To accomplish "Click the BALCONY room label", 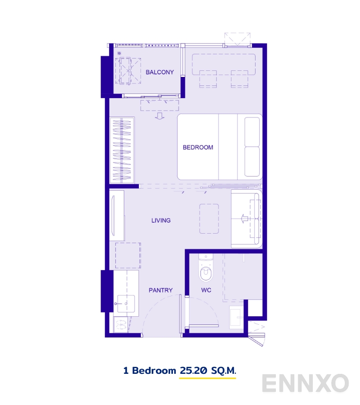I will (160, 72).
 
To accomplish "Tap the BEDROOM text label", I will (198, 147).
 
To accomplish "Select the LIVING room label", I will (161, 220).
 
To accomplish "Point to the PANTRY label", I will (161, 290).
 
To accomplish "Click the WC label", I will (206, 290).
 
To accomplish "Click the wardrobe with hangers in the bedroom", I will (122, 150).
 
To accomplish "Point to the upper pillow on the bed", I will (252, 132).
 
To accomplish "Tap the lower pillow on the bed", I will (252, 161).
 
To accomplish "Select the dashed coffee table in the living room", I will (209, 219).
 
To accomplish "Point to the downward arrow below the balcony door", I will (160, 115).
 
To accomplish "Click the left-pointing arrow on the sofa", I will (244, 219).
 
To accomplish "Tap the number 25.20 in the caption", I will (192, 371).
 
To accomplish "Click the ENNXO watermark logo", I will (306, 383).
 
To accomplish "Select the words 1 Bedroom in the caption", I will (149, 371).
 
